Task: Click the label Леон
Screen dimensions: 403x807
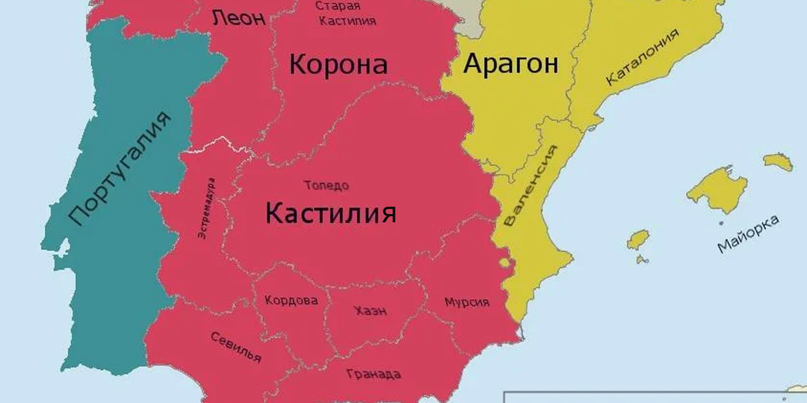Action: [x=238, y=19]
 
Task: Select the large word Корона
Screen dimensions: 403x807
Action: [x=338, y=65]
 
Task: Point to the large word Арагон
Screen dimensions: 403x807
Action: [x=511, y=64]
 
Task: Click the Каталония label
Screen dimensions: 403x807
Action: [x=643, y=57]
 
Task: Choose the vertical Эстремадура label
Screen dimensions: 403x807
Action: [x=206, y=208]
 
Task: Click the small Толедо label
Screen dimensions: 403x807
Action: [x=326, y=185]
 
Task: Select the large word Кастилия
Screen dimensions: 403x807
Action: [x=330, y=215]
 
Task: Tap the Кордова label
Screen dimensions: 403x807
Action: [x=291, y=301]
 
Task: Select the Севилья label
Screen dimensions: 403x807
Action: [x=235, y=347]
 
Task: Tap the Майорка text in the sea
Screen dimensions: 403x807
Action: [x=747, y=234]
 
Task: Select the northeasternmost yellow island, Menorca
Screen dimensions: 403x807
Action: [x=777, y=161]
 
